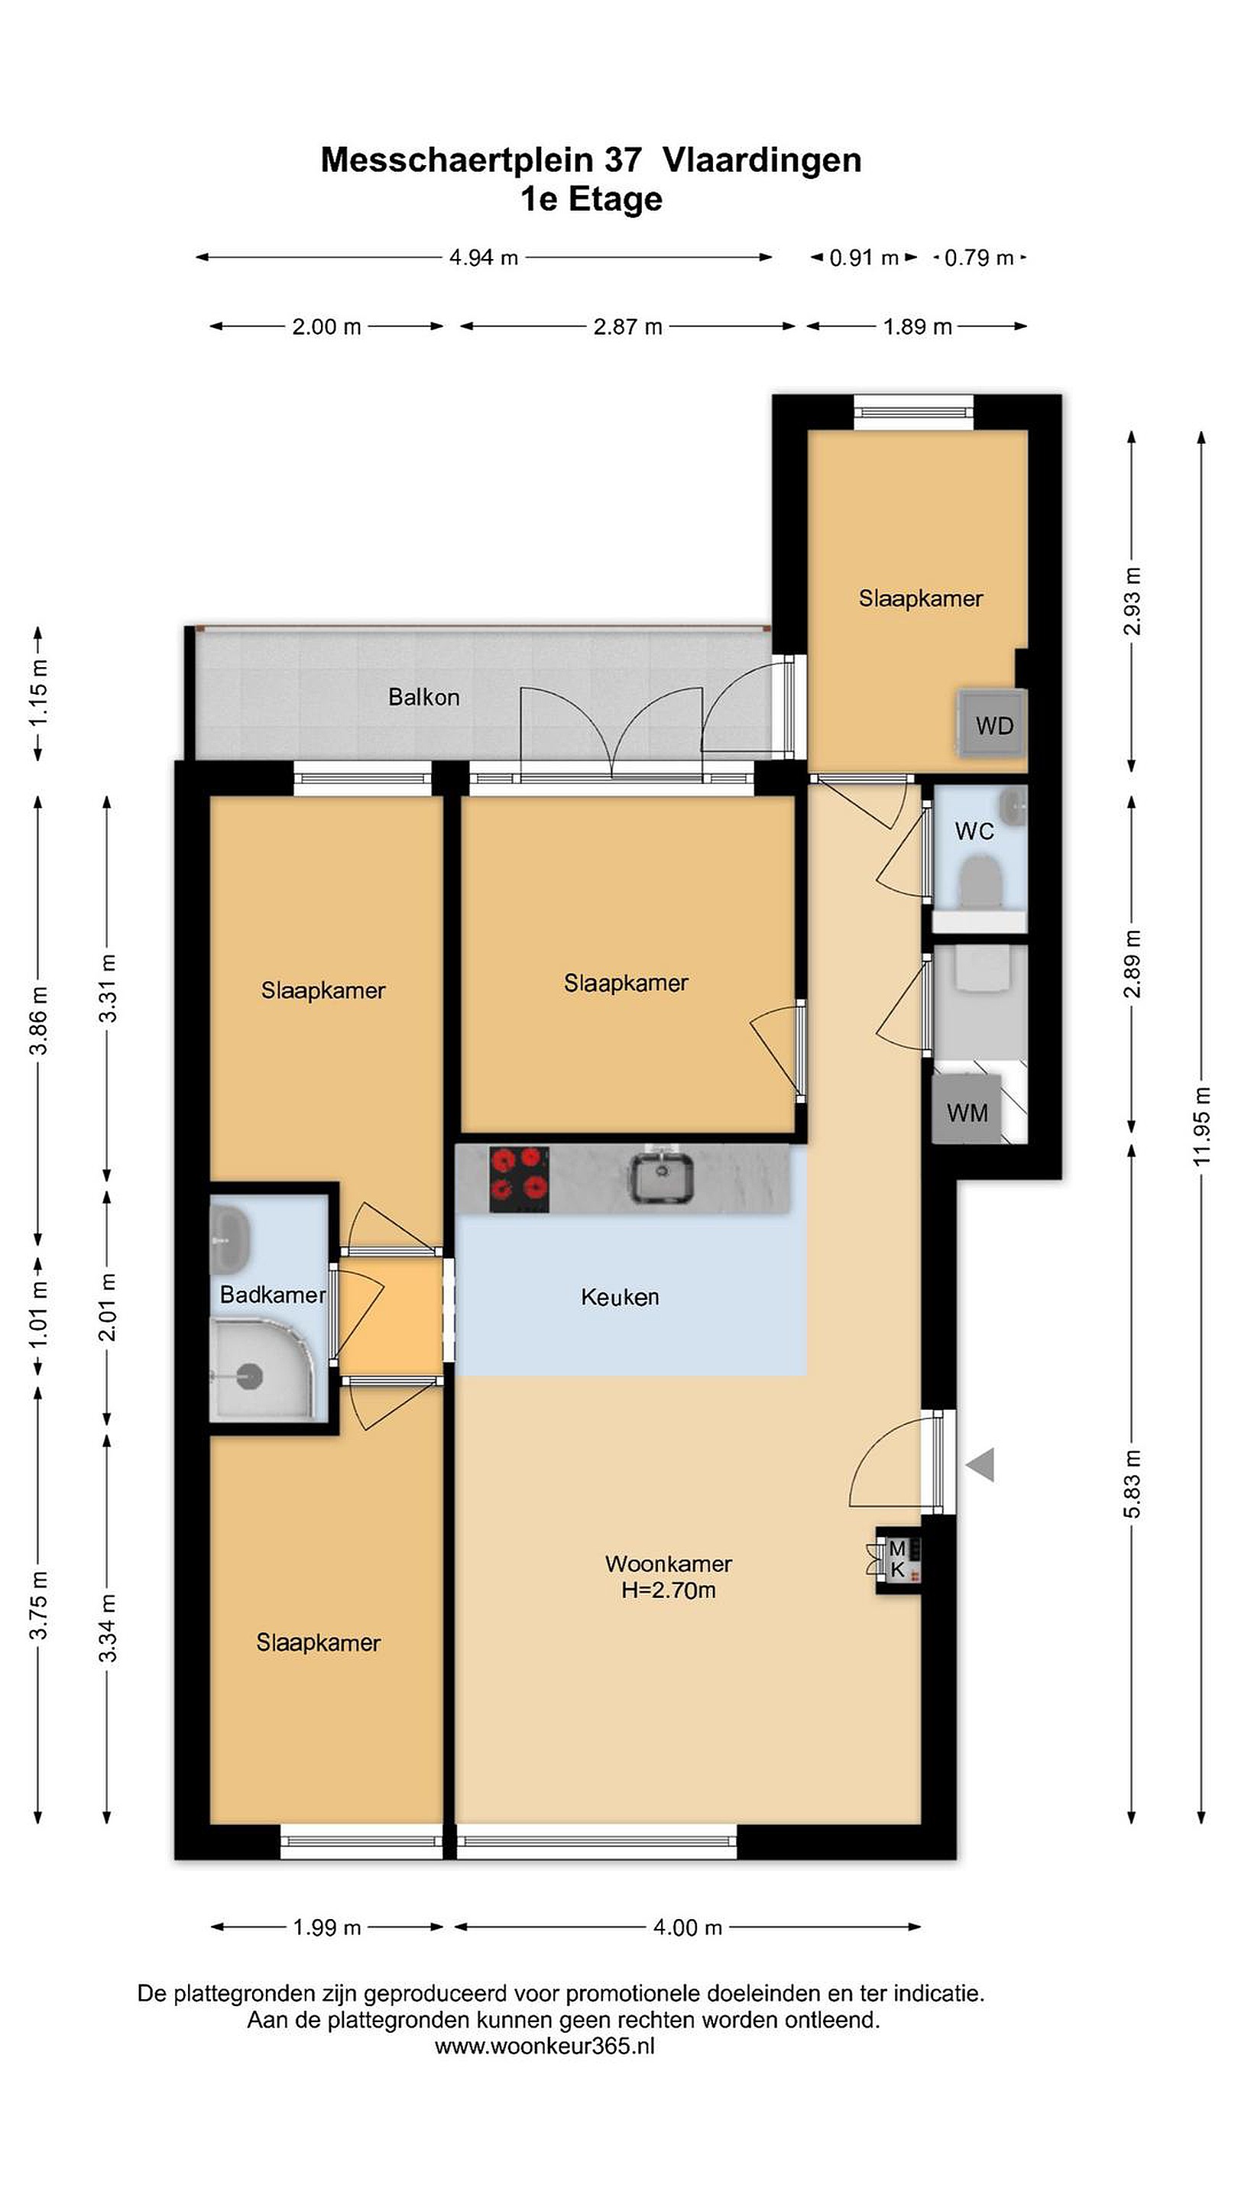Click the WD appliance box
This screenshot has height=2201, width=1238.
pos(992,723)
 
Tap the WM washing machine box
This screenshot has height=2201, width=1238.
pos(966,1110)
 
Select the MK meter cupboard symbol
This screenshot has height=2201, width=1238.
pos(898,1559)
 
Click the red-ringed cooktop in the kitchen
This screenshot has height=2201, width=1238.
pos(519,1178)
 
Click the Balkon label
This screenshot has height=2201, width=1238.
pos(424,697)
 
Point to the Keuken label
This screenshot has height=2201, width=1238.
pos(621,1297)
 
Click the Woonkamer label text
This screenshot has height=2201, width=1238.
pos(668,1564)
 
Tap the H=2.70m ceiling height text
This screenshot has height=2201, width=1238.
pos(668,1590)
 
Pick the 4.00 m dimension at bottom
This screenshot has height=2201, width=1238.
pos(688,1927)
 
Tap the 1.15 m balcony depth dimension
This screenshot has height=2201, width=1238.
pos(38,693)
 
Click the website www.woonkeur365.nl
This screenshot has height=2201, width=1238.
pos(545,2046)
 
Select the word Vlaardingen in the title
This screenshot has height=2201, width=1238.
pos(762,160)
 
